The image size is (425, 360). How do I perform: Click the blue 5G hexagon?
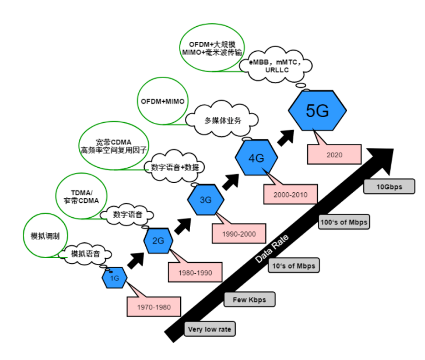[317, 111]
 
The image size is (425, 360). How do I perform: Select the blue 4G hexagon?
[256, 158]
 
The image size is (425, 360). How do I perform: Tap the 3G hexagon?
[206, 200]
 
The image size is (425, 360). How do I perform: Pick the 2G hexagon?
[158, 240]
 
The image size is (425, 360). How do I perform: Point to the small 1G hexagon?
[114, 278]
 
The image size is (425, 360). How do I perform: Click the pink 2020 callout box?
[334, 154]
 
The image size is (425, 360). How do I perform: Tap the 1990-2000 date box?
[239, 233]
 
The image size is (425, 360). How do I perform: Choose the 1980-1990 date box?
[195, 272]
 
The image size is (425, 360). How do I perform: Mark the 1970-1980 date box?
[154, 306]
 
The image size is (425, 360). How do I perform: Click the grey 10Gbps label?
[389, 186]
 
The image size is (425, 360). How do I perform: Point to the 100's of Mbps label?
[344, 222]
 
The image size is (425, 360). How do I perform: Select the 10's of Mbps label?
[294, 265]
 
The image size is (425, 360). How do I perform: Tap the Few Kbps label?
[249, 299]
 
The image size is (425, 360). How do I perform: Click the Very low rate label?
[209, 329]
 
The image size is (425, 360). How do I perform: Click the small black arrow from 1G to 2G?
[135, 261]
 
